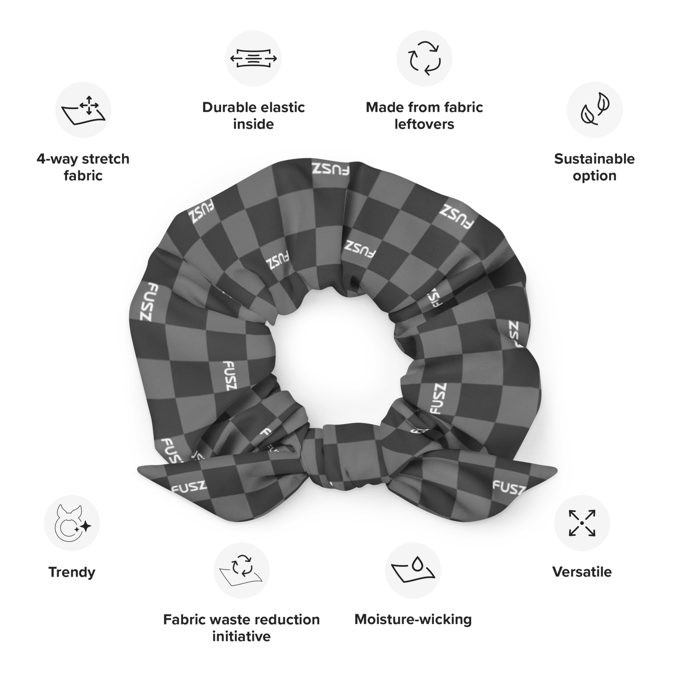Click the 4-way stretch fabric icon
pyautogui.click(x=84, y=110)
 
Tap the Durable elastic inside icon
pyautogui.click(x=253, y=58)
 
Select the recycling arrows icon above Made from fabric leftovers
pyautogui.click(x=424, y=58)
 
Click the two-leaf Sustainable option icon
pyautogui.click(x=594, y=109)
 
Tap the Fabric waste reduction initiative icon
pyautogui.click(x=241, y=571)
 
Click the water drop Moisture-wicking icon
pyautogui.click(x=413, y=571)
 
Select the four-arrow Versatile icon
pyautogui.click(x=582, y=523)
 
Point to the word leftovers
pyautogui.click(x=424, y=124)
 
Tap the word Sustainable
pyautogui.click(x=594, y=159)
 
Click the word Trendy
pyautogui.click(x=72, y=572)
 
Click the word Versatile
pyautogui.click(x=582, y=572)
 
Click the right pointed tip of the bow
pyautogui.click(x=556, y=469)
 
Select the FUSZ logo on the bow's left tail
pyautogui.click(x=189, y=488)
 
